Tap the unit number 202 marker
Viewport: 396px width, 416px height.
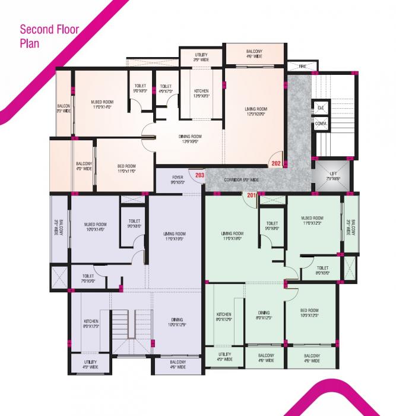click(276, 162)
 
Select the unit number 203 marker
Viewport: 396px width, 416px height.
click(199, 175)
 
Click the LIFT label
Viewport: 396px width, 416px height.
click(333, 175)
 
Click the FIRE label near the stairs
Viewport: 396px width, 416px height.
click(302, 67)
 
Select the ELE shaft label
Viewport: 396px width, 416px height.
click(321, 108)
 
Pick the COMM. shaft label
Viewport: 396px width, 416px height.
click(321, 124)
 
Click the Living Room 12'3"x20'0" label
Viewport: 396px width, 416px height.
click(256, 112)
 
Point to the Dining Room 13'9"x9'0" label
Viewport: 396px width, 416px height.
click(191, 140)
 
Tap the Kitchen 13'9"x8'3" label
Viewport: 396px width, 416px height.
click(201, 94)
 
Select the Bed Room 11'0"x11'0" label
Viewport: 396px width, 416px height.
click(126, 169)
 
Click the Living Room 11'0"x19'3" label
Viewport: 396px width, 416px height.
click(175, 237)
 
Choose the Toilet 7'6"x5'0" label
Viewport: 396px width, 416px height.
click(88, 279)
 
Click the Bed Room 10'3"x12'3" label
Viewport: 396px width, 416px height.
click(309, 313)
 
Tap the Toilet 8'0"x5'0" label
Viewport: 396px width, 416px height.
click(322, 271)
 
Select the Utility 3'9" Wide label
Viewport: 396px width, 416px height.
click(201, 58)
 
